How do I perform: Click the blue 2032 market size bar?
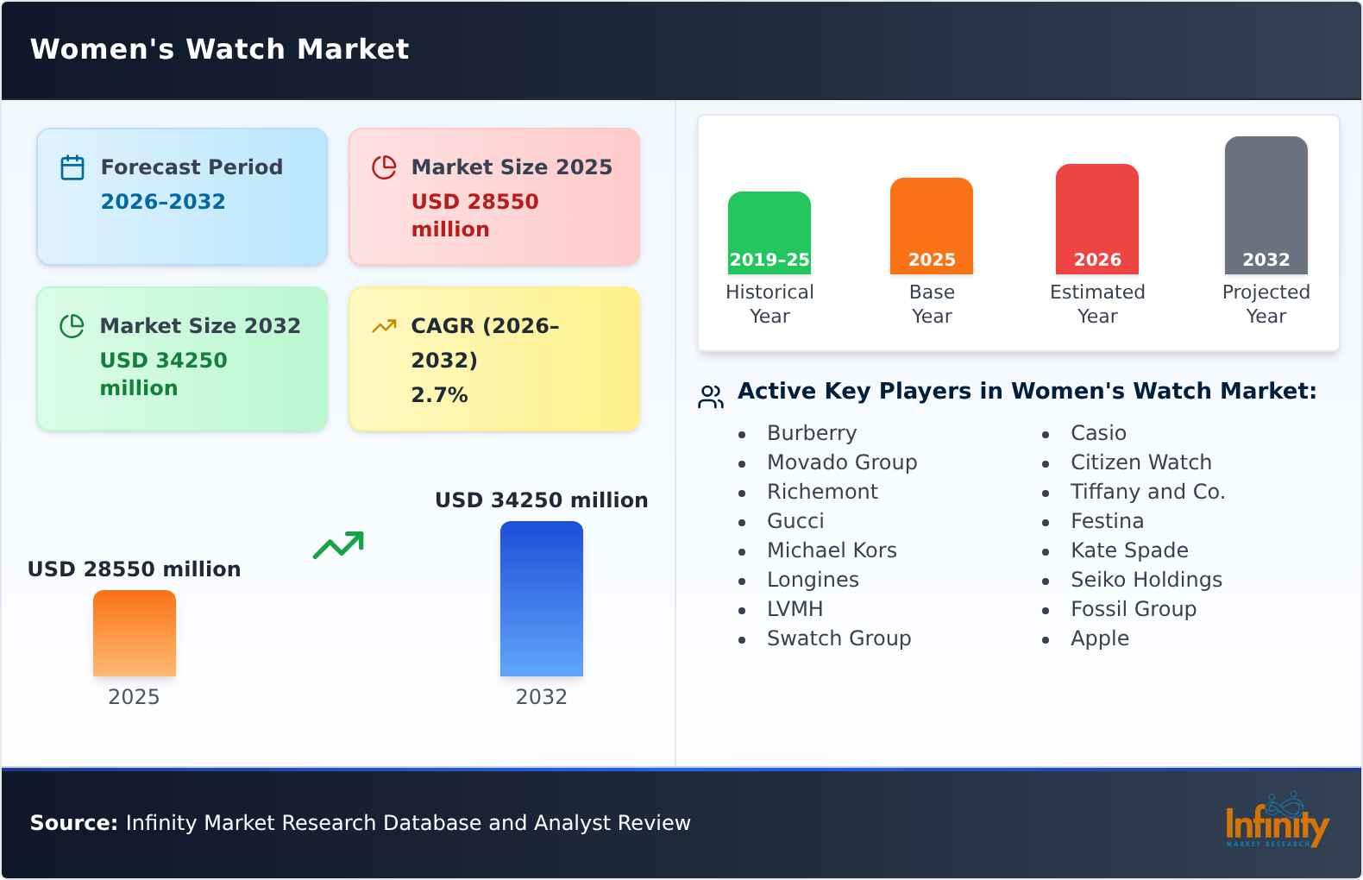(x=542, y=599)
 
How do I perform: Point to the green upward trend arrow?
(x=338, y=545)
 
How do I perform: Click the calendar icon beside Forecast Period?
(x=72, y=167)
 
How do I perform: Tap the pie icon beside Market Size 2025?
(x=384, y=167)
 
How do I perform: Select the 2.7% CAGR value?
(x=439, y=395)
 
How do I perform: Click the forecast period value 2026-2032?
(x=163, y=202)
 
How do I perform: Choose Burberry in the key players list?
(x=812, y=433)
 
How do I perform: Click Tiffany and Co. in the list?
(x=1147, y=492)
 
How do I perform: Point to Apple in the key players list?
(x=1100, y=638)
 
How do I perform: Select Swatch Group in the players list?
(x=839, y=638)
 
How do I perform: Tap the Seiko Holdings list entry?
(x=1146, y=580)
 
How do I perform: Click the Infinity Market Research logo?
(x=1277, y=821)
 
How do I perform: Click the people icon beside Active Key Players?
(x=711, y=397)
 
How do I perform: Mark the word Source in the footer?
(x=73, y=823)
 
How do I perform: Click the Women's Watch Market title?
(x=219, y=49)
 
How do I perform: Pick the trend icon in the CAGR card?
(x=384, y=326)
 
